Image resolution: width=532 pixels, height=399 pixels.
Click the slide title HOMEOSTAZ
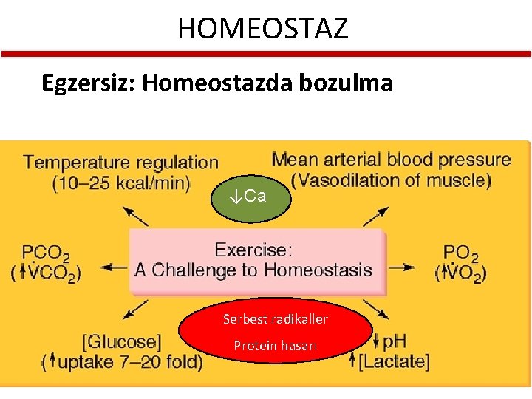[x=262, y=29]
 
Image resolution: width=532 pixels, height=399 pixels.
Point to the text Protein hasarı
[x=276, y=345]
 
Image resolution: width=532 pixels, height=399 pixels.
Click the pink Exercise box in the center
[x=256, y=259]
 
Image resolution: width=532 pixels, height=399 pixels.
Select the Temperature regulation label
[x=121, y=162]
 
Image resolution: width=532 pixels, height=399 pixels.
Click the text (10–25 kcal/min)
[x=121, y=182]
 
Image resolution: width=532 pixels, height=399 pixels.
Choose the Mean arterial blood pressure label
[x=391, y=159]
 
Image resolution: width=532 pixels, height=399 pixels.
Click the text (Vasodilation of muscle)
[x=391, y=180]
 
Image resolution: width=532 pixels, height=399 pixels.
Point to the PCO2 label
[x=46, y=253]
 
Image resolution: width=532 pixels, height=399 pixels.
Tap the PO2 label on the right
[x=461, y=253]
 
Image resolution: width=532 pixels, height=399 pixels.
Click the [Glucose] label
[x=122, y=342]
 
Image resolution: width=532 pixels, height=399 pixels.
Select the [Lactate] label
[x=393, y=361]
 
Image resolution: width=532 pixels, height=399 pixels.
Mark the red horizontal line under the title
[x=266, y=54]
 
